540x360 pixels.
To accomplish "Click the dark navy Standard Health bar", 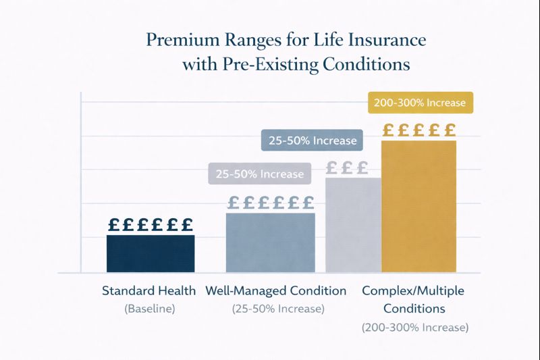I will point(151,253).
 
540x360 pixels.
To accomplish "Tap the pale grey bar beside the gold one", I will point(353,224).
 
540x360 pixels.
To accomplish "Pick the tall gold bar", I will point(418,206).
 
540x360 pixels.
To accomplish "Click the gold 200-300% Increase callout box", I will point(420,103).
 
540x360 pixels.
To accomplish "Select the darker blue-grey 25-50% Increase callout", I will point(312,140).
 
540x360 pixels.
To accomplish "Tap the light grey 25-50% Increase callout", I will point(259,174).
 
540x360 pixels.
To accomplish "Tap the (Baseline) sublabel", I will point(149,309).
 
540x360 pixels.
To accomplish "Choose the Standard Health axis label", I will point(149,291).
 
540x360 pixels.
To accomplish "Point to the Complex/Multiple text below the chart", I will point(414,291).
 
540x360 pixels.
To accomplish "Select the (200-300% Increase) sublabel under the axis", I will point(414,327).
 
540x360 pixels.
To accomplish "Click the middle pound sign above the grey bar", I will point(347,168).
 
